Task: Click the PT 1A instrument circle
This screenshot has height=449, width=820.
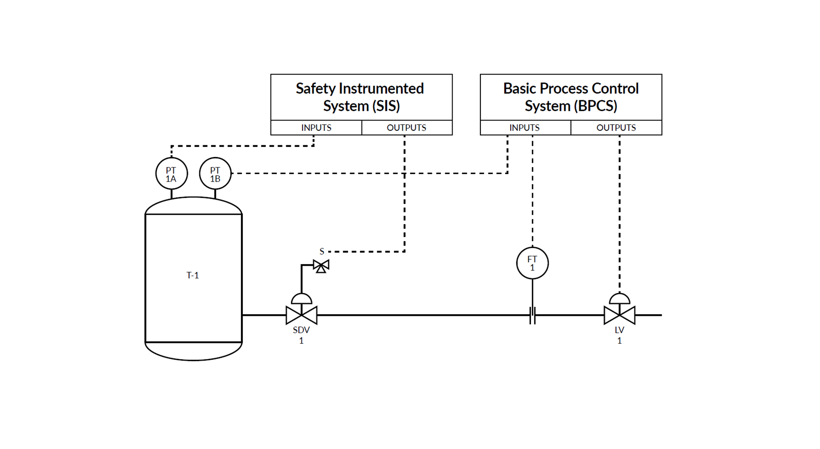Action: click(172, 174)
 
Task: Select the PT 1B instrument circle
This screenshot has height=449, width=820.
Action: click(215, 174)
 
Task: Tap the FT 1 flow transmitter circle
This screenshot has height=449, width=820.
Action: click(532, 263)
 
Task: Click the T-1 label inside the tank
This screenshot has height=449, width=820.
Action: click(193, 275)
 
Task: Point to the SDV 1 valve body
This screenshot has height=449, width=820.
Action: click(301, 315)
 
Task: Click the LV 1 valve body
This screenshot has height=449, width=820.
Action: click(619, 315)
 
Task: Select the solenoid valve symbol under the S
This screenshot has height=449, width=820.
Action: click(321, 266)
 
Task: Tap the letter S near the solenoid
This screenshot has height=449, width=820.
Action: click(322, 251)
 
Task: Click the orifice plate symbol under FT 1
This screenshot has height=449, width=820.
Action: click(532, 315)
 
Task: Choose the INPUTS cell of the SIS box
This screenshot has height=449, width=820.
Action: click(316, 128)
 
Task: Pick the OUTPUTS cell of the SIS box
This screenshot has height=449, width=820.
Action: click(407, 128)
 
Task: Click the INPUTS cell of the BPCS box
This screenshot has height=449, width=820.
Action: click(525, 128)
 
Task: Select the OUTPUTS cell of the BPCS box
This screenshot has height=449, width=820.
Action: click(616, 128)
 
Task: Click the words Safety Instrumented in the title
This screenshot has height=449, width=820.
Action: click(359, 88)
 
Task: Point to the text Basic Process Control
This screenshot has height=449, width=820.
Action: click(571, 88)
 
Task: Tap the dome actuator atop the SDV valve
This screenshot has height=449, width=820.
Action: click(302, 299)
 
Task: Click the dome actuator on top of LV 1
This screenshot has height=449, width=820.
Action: click(619, 299)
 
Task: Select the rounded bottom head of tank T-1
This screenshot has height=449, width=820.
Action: click(193, 352)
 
